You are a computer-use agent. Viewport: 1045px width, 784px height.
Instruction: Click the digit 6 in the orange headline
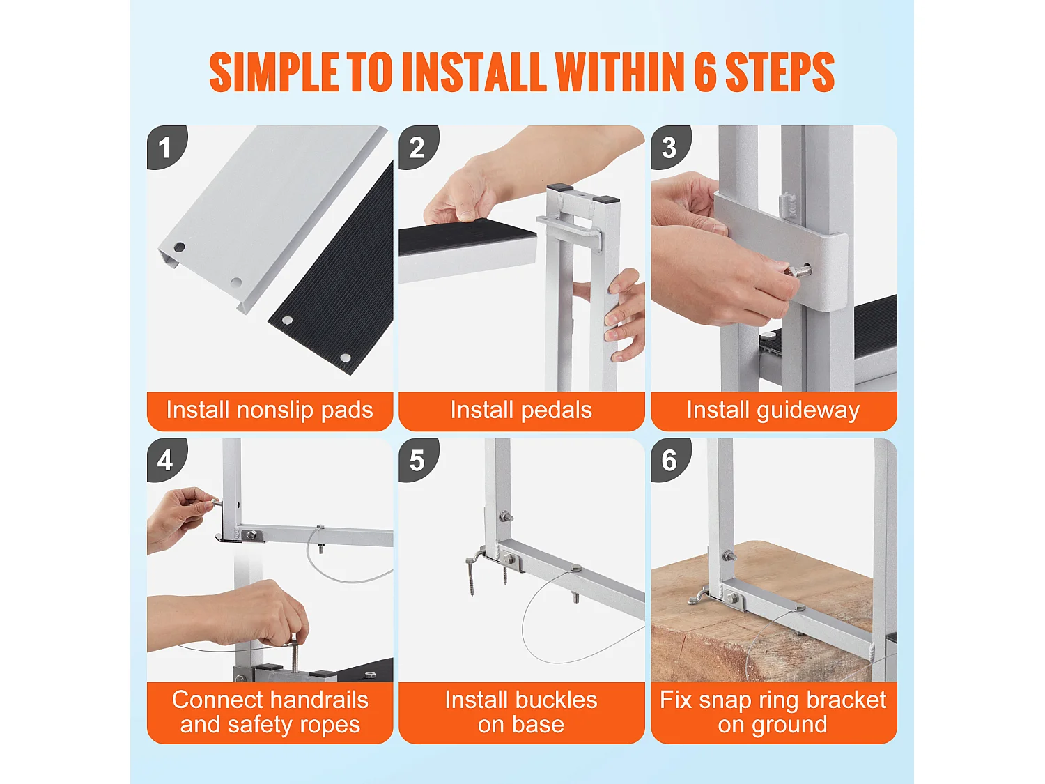705,72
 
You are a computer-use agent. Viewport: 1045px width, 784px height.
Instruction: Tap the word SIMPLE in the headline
274,72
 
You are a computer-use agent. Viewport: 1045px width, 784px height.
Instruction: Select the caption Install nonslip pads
270,410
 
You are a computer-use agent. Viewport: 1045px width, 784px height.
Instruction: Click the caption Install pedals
521,410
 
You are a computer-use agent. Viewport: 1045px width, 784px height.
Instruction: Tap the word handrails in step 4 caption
318,700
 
